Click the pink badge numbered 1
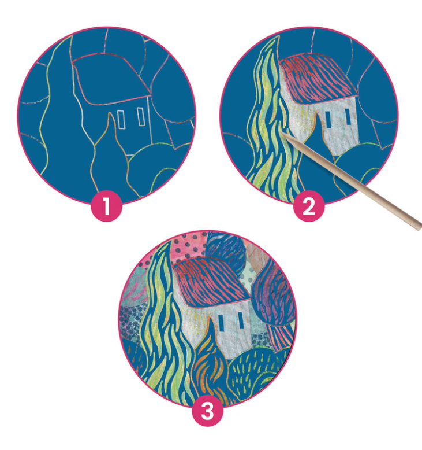click(107, 205)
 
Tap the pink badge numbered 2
click(309, 205)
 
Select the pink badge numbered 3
click(207, 411)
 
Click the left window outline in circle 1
click(121, 119)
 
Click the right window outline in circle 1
click(141, 116)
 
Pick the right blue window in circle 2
click(348, 116)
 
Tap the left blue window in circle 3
click(222, 322)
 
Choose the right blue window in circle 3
click(240, 319)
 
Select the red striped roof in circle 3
click(211, 281)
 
